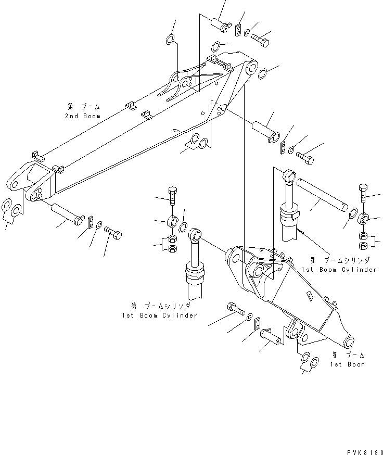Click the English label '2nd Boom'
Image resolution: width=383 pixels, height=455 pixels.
tap(83, 116)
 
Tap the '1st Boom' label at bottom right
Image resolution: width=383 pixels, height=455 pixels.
tap(347, 364)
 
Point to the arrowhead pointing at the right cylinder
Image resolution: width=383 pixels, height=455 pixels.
tap(303, 233)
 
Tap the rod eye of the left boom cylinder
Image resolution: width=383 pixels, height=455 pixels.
tap(195, 235)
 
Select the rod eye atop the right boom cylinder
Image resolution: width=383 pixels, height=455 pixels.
tap(289, 175)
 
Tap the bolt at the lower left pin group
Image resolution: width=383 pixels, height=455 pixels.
tap(113, 233)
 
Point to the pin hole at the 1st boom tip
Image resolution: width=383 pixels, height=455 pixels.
tap(349, 342)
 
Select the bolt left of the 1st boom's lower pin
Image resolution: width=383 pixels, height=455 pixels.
tap(235, 309)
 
